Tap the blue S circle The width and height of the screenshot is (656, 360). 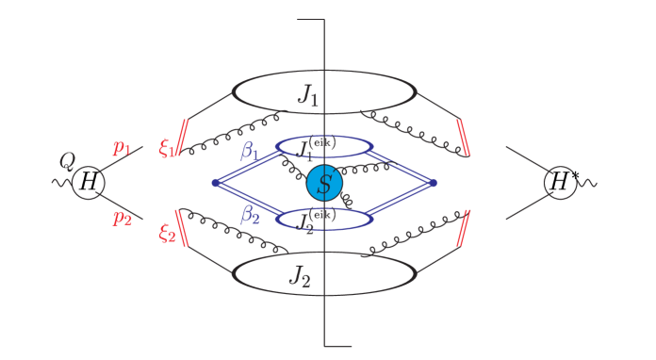(324, 183)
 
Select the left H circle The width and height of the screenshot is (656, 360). (88, 183)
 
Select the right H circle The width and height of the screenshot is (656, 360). (560, 183)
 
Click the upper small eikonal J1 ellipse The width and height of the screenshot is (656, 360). (324, 147)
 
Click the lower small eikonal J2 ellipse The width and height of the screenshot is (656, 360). (324, 220)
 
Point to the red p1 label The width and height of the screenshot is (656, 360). (123, 147)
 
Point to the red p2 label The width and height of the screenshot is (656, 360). (123, 218)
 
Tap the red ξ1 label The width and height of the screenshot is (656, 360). (167, 148)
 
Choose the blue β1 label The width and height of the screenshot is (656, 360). (249, 151)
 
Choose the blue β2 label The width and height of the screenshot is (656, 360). (249, 215)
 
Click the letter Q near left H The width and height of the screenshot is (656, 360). (67, 161)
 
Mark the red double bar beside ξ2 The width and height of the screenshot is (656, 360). (182, 227)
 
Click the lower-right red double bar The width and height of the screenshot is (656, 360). (463, 227)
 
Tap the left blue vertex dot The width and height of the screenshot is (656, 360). (216, 183)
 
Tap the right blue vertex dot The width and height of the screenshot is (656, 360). (434, 183)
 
